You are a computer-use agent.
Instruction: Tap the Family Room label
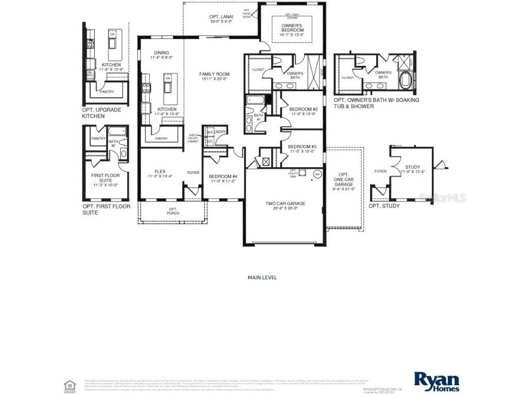pos(214,77)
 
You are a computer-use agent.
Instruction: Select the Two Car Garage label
pos(285,206)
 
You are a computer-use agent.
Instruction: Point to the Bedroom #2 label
pos(303,112)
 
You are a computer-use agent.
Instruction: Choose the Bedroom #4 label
pos(223,179)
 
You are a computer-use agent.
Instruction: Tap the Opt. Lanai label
pos(221,19)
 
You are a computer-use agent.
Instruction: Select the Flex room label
pos(160,174)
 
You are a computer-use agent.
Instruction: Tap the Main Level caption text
pos(262,278)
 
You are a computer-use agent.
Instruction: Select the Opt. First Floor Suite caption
pos(106,209)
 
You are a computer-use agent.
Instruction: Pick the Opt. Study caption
pos(384,206)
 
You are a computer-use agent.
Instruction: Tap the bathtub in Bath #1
pos(255,100)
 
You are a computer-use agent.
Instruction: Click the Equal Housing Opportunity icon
pos(68,385)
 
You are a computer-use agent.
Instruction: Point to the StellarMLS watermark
pos(450,197)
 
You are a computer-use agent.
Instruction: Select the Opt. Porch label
pos(173,211)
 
